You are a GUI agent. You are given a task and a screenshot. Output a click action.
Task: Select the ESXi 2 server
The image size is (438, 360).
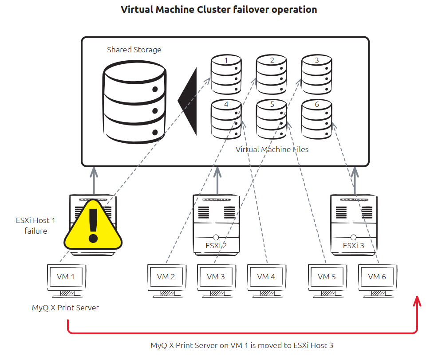tap(217, 224)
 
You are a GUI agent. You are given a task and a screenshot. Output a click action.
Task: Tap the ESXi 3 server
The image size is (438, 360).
tap(354, 224)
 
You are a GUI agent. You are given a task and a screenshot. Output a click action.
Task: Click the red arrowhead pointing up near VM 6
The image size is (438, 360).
tap(417, 301)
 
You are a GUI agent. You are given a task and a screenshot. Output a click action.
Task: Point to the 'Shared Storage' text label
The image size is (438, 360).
tap(134, 50)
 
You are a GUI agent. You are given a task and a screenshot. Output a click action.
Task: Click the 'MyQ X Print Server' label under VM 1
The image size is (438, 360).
tap(65, 307)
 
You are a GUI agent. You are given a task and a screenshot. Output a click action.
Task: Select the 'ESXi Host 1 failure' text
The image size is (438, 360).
tap(36, 225)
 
